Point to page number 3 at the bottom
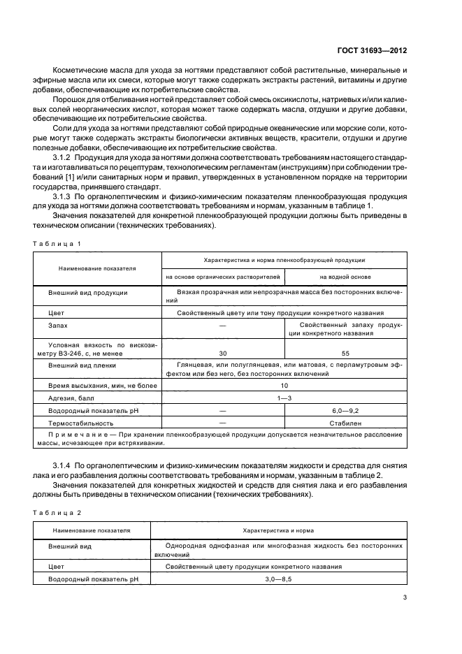pos(405,597)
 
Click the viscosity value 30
pos(223,353)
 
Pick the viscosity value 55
pos(345,353)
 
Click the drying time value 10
pos(284,385)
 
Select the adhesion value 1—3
pos(284,398)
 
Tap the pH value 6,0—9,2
pos(345,411)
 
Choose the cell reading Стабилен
pos(345,423)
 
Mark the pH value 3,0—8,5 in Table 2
pos(284,579)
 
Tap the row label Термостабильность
pos(80,423)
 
